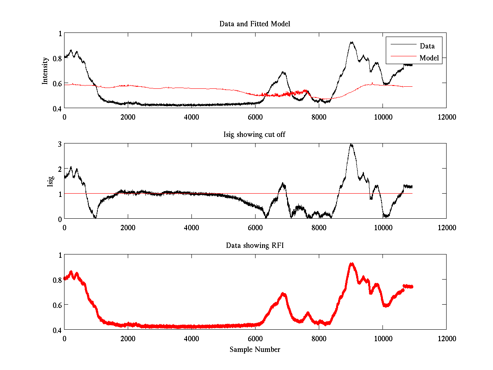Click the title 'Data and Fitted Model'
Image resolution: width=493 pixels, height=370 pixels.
[255, 24]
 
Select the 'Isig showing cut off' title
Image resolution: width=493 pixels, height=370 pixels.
[255, 134]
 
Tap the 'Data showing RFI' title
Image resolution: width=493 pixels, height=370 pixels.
[255, 245]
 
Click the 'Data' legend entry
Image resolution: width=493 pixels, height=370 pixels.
[427, 46]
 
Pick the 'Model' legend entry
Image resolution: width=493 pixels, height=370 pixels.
[429, 58]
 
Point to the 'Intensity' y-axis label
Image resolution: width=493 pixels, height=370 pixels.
[45, 70]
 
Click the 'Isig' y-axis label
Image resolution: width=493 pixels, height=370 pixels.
[50, 181]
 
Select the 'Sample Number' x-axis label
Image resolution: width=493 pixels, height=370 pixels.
[255, 349]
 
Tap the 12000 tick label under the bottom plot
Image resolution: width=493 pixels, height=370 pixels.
[446, 338]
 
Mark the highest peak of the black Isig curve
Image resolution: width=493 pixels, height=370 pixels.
[351, 144]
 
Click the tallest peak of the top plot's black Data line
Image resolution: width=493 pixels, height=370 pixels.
[351, 42]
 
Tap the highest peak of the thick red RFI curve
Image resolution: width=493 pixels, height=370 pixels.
[351, 264]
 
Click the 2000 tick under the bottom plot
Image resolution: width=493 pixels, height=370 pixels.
[128, 338]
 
